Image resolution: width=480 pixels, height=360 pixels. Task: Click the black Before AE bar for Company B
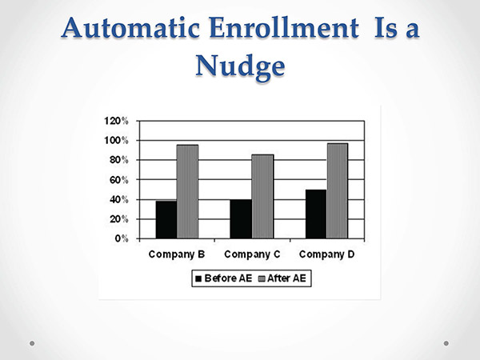pos(166,219)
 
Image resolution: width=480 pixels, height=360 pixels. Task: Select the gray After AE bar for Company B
pos(187,192)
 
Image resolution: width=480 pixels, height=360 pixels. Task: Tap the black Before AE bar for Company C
pos(241,219)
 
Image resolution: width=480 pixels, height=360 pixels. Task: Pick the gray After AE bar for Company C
pos(262,197)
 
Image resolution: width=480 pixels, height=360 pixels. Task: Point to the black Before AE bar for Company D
pos(316,214)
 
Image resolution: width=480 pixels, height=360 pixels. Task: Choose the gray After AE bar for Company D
pos(337,190)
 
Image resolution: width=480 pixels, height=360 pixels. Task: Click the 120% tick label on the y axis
pos(116,121)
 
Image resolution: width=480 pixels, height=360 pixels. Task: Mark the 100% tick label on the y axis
pos(116,141)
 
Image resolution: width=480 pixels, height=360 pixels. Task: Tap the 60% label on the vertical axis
pos(118,180)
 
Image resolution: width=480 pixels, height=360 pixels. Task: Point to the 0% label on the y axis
pos(122,238)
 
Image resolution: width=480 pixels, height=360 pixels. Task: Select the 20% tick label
pos(118,219)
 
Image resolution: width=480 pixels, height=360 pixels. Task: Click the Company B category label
pos(177,254)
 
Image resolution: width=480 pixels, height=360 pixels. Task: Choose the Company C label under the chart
pos(252,254)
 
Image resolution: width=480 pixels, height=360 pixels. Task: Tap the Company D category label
pos(326,254)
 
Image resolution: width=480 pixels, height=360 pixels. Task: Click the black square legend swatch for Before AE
pos(198,278)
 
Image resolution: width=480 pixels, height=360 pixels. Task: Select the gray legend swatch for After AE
pos(262,278)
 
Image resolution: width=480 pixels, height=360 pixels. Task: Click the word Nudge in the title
pos(240,66)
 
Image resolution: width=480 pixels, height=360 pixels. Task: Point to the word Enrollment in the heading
pos(284,28)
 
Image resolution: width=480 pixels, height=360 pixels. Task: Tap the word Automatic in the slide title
pos(130,28)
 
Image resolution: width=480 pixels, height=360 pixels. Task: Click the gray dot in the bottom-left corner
pos(32,343)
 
